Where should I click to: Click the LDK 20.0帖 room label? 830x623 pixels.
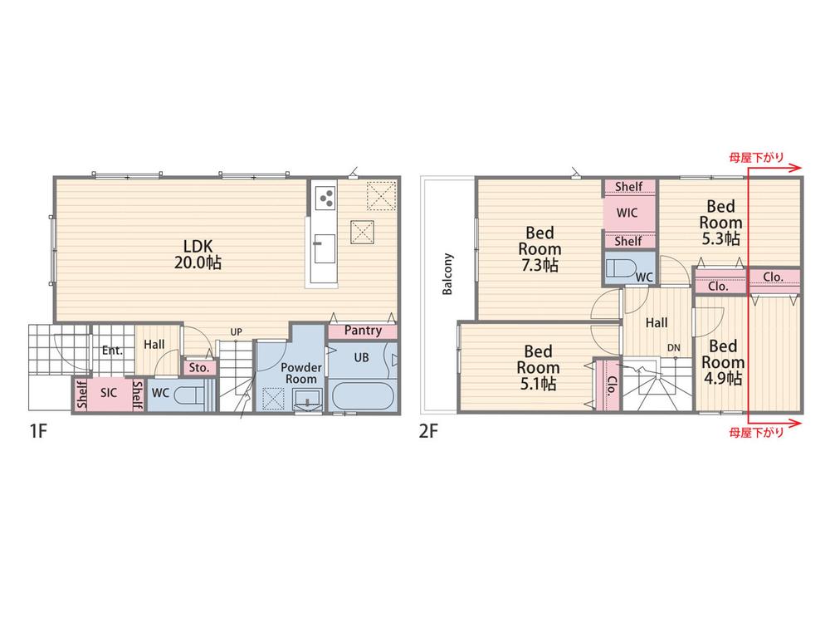[x=198, y=253]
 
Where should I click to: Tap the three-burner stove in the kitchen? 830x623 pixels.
[x=325, y=199]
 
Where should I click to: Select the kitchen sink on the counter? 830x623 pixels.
[x=325, y=248]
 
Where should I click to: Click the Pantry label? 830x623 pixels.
[x=363, y=331]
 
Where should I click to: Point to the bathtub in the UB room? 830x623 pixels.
[x=364, y=395]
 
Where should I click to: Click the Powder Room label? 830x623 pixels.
[x=301, y=373]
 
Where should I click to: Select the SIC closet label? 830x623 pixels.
[x=109, y=393]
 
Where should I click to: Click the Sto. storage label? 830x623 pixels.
[x=199, y=368]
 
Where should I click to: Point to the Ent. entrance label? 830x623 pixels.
[x=112, y=351]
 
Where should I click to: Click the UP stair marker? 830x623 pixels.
[x=236, y=331]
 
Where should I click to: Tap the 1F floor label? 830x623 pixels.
[x=39, y=431]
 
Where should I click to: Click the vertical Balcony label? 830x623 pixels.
[x=448, y=274]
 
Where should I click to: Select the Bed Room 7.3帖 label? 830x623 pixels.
[x=539, y=248]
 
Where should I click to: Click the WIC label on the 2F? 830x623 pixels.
[x=627, y=213]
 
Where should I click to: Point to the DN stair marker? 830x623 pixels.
[x=673, y=348]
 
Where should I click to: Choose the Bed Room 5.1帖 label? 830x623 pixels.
[x=539, y=367]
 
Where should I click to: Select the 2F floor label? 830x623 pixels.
[x=429, y=431]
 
